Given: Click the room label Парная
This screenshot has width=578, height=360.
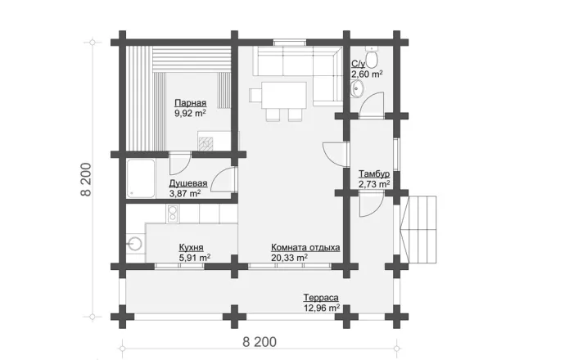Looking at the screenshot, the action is pyautogui.click(x=190, y=103).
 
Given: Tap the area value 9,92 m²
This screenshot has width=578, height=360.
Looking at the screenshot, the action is pyautogui.click(x=190, y=113).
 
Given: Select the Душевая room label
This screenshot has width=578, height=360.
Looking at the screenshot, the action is pyautogui.click(x=188, y=183).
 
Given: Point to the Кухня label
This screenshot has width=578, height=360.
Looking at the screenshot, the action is pyautogui.click(x=192, y=247).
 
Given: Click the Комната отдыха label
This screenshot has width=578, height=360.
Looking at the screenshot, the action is pyautogui.click(x=305, y=247).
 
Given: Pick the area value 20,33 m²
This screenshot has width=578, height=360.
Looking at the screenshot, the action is pyautogui.click(x=290, y=258).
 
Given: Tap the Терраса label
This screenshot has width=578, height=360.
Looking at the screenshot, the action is pyautogui.click(x=321, y=297).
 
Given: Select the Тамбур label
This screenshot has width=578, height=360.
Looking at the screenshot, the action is pyautogui.click(x=374, y=173).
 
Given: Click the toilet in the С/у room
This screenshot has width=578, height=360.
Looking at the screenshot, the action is pyautogui.click(x=373, y=56).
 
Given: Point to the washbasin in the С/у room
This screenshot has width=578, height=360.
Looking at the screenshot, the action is pyautogui.click(x=357, y=88).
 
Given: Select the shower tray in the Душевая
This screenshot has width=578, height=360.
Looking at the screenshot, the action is pyautogui.click(x=141, y=178).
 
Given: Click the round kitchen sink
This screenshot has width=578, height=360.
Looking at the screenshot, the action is pyautogui.click(x=135, y=244).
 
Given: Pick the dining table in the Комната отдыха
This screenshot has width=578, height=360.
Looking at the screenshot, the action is pyautogui.click(x=284, y=95).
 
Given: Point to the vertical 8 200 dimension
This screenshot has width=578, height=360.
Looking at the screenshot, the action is pyautogui.click(x=86, y=179).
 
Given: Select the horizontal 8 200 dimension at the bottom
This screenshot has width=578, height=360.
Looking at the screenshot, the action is pyautogui.click(x=260, y=342).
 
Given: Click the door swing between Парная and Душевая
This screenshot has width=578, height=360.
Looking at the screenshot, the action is pyautogui.click(x=180, y=164).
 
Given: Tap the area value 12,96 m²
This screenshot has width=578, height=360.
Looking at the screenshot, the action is pyautogui.click(x=322, y=308).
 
